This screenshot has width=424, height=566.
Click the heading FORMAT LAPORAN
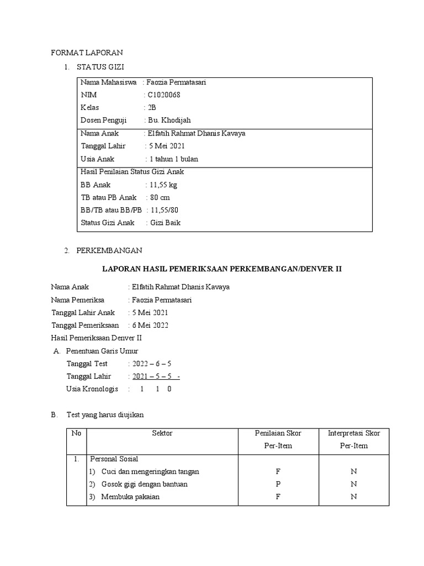pos(87,53)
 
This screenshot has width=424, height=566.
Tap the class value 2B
pos(152,108)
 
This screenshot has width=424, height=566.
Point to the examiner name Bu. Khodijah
pos(169,120)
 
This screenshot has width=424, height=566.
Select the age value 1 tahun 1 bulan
pos(173,159)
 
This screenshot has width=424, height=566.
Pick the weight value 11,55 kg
pos(165,185)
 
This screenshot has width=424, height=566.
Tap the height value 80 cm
pos(160,197)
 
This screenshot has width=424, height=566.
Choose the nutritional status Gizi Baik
pos(166,223)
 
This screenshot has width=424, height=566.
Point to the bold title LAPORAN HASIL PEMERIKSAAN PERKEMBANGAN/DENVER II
pos(222,269)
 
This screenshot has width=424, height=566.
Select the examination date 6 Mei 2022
pos(150,325)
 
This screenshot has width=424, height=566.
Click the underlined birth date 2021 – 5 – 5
pos(154,376)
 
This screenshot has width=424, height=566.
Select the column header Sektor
pos(162,433)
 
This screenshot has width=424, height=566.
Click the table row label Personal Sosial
pos(114,459)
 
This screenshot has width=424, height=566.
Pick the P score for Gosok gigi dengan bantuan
pos(278,484)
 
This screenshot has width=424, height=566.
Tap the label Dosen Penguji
pos(104,120)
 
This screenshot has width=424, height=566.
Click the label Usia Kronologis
pos(92,389)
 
